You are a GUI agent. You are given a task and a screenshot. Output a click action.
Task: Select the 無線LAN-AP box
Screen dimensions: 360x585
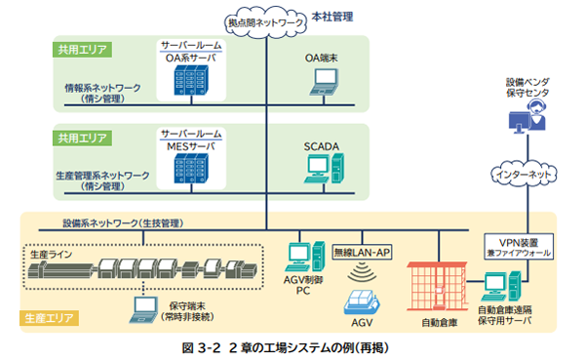362,252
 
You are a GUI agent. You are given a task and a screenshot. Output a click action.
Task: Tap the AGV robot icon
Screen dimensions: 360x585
362,288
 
